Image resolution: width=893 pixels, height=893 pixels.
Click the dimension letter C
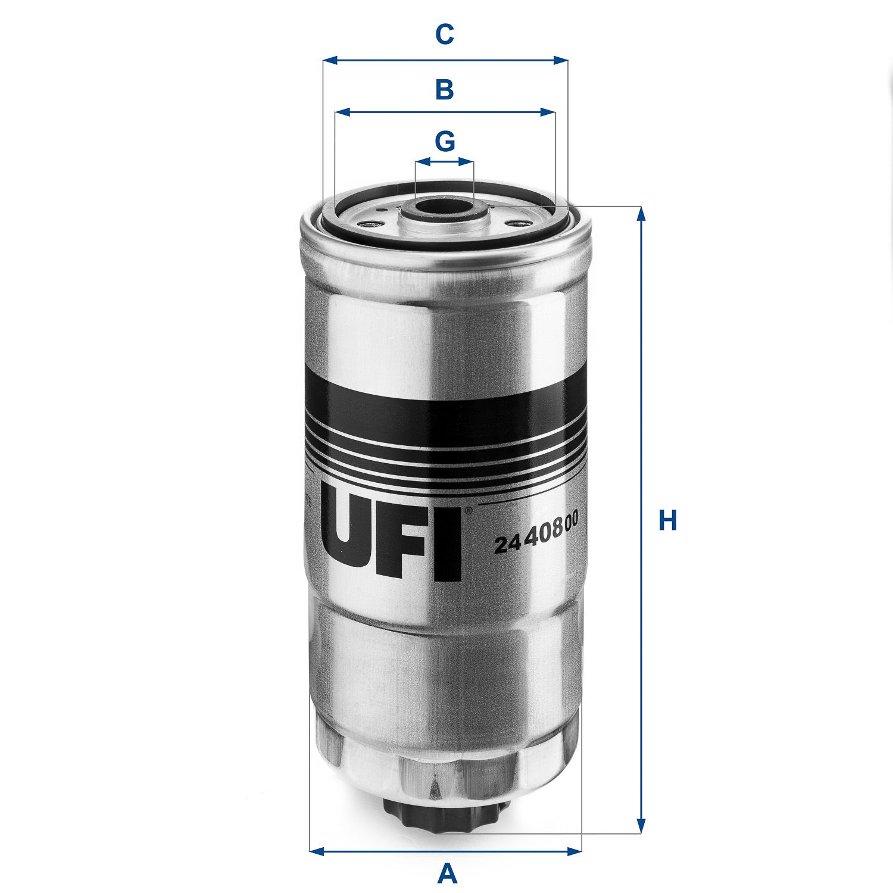click(x=445, y=35)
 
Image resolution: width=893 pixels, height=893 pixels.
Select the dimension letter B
click(x=445, y=90)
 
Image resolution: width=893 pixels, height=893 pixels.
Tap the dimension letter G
click(x=445, y=142)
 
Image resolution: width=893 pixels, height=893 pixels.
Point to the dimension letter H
click(x=668, y=520)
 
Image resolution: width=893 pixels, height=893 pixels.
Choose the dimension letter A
click(x=447, y=875)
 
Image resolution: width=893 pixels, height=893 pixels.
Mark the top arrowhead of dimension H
click(x=641, y=213)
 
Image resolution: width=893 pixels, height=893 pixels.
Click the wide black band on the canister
click(x=444, y=405)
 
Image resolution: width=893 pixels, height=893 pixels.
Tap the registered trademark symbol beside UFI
click(x=468, y=511)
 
